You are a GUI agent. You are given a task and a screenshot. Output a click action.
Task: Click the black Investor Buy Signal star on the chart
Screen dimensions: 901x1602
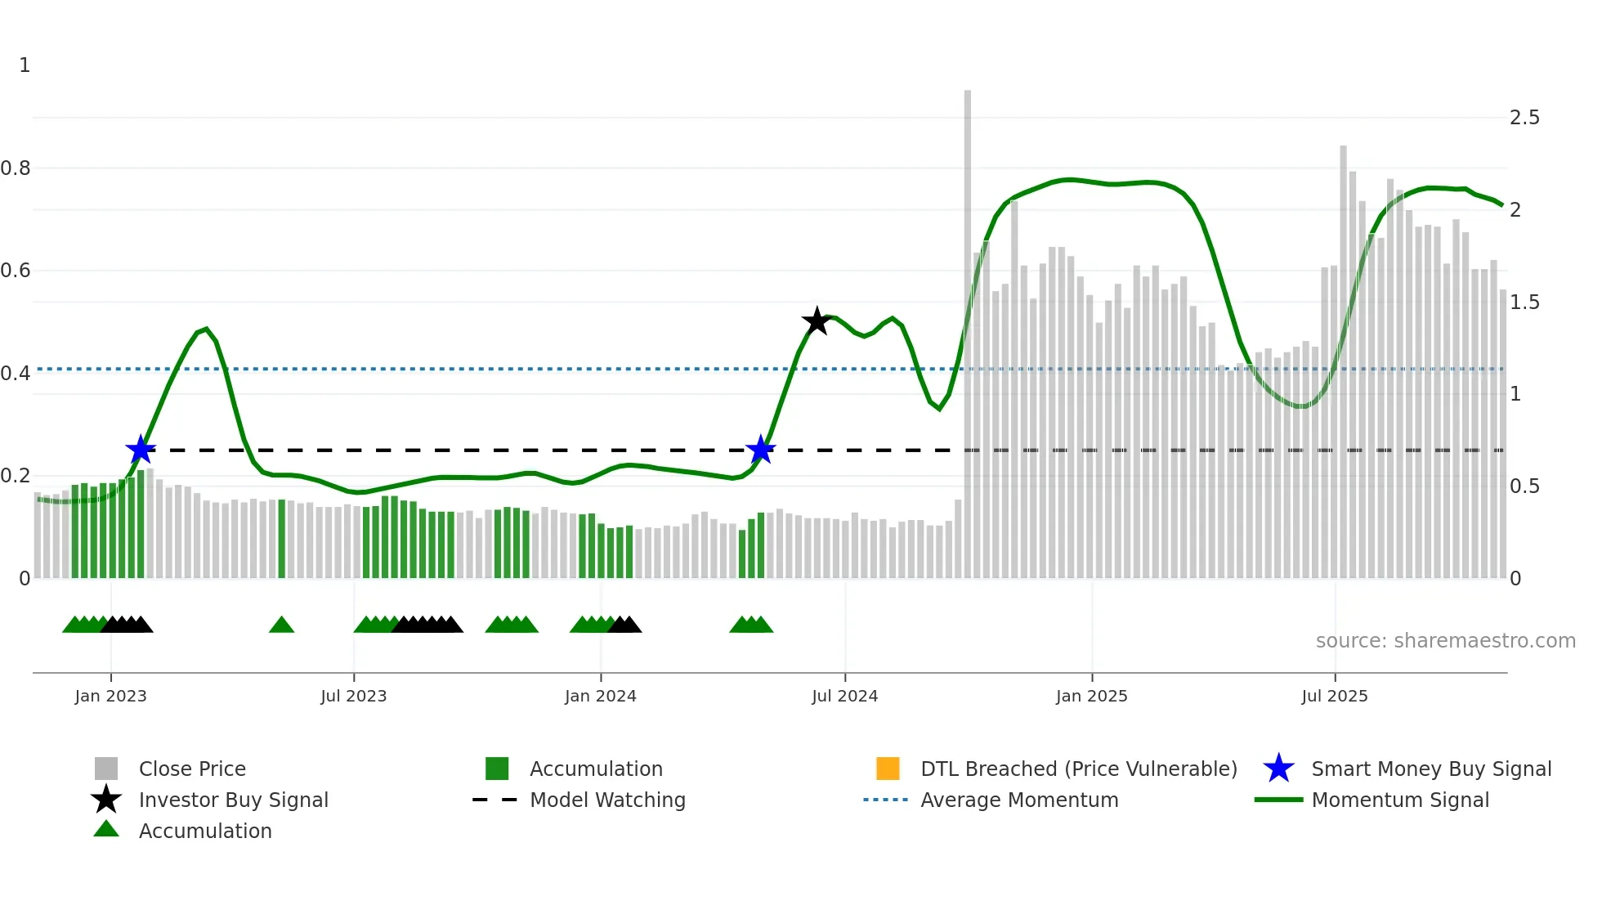[x=817, y=321]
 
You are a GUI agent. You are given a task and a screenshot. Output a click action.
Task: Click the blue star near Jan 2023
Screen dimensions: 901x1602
[x=141, y=450]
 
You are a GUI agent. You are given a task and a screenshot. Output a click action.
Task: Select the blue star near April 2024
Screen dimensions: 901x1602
[x=761, y=450]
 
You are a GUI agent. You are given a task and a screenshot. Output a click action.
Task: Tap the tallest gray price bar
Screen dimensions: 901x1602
[x=968, y=327]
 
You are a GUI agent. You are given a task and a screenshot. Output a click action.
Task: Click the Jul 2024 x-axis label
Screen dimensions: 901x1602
[x=844, y=696]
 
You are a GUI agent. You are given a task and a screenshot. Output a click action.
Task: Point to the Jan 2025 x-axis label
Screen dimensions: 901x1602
[x=1091, y=696]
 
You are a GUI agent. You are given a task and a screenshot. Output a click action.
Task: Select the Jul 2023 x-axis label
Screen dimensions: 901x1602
[x=353, y=696]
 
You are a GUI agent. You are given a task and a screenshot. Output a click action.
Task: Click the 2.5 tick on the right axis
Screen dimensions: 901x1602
[x=1524, y=118]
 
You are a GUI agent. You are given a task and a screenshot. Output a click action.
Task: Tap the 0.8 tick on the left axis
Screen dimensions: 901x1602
[x=16, y=168]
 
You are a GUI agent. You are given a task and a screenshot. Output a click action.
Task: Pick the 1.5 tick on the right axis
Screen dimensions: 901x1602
[x=1524, y=303]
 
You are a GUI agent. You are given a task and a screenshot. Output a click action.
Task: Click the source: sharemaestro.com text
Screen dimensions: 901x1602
[x=1445, y=641]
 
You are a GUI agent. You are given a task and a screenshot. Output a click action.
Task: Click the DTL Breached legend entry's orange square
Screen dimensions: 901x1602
[x=888, y=769]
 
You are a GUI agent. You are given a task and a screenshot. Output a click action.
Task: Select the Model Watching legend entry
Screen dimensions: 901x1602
[x=607, y=800]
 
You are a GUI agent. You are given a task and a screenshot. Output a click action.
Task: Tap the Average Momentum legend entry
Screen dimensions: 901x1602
[x=1018, y=800]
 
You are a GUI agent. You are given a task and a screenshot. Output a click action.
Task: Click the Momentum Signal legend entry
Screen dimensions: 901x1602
[x=1399, y=800]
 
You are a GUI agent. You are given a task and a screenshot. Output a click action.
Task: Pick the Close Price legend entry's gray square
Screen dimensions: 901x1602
[x=106, y=769]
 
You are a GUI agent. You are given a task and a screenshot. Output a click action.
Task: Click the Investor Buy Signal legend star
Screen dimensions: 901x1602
[x=106, y=800]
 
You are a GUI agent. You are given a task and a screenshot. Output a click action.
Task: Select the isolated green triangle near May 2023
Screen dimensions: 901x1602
[x=281, y=625]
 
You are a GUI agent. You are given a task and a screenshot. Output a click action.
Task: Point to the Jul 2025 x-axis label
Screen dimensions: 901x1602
[x=1334, y=696]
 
